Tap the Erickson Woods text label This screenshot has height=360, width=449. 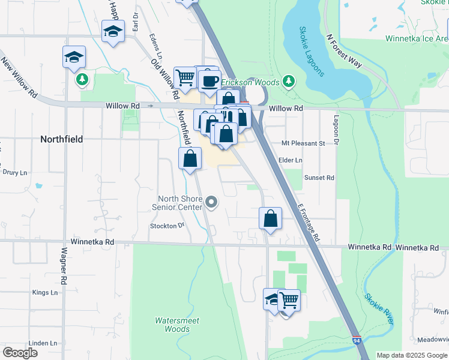[251, 82]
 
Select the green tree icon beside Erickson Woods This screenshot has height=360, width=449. [289, 81]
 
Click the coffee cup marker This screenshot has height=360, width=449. [209, 80]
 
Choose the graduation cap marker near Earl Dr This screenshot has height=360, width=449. [112, 32]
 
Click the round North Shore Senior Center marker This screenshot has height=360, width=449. [211, 203]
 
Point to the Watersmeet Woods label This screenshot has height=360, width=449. [173, 325]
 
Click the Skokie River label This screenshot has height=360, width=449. [379, 308]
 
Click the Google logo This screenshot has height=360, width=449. [20, 353]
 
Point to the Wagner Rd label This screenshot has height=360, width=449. [64, 266]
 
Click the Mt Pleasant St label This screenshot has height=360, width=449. [303, 143]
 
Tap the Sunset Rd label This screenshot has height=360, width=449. [319, 178]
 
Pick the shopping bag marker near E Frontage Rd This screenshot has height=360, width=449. [271, 219]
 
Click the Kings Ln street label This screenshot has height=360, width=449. [45, 292]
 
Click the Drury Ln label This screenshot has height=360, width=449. [15, 172]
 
